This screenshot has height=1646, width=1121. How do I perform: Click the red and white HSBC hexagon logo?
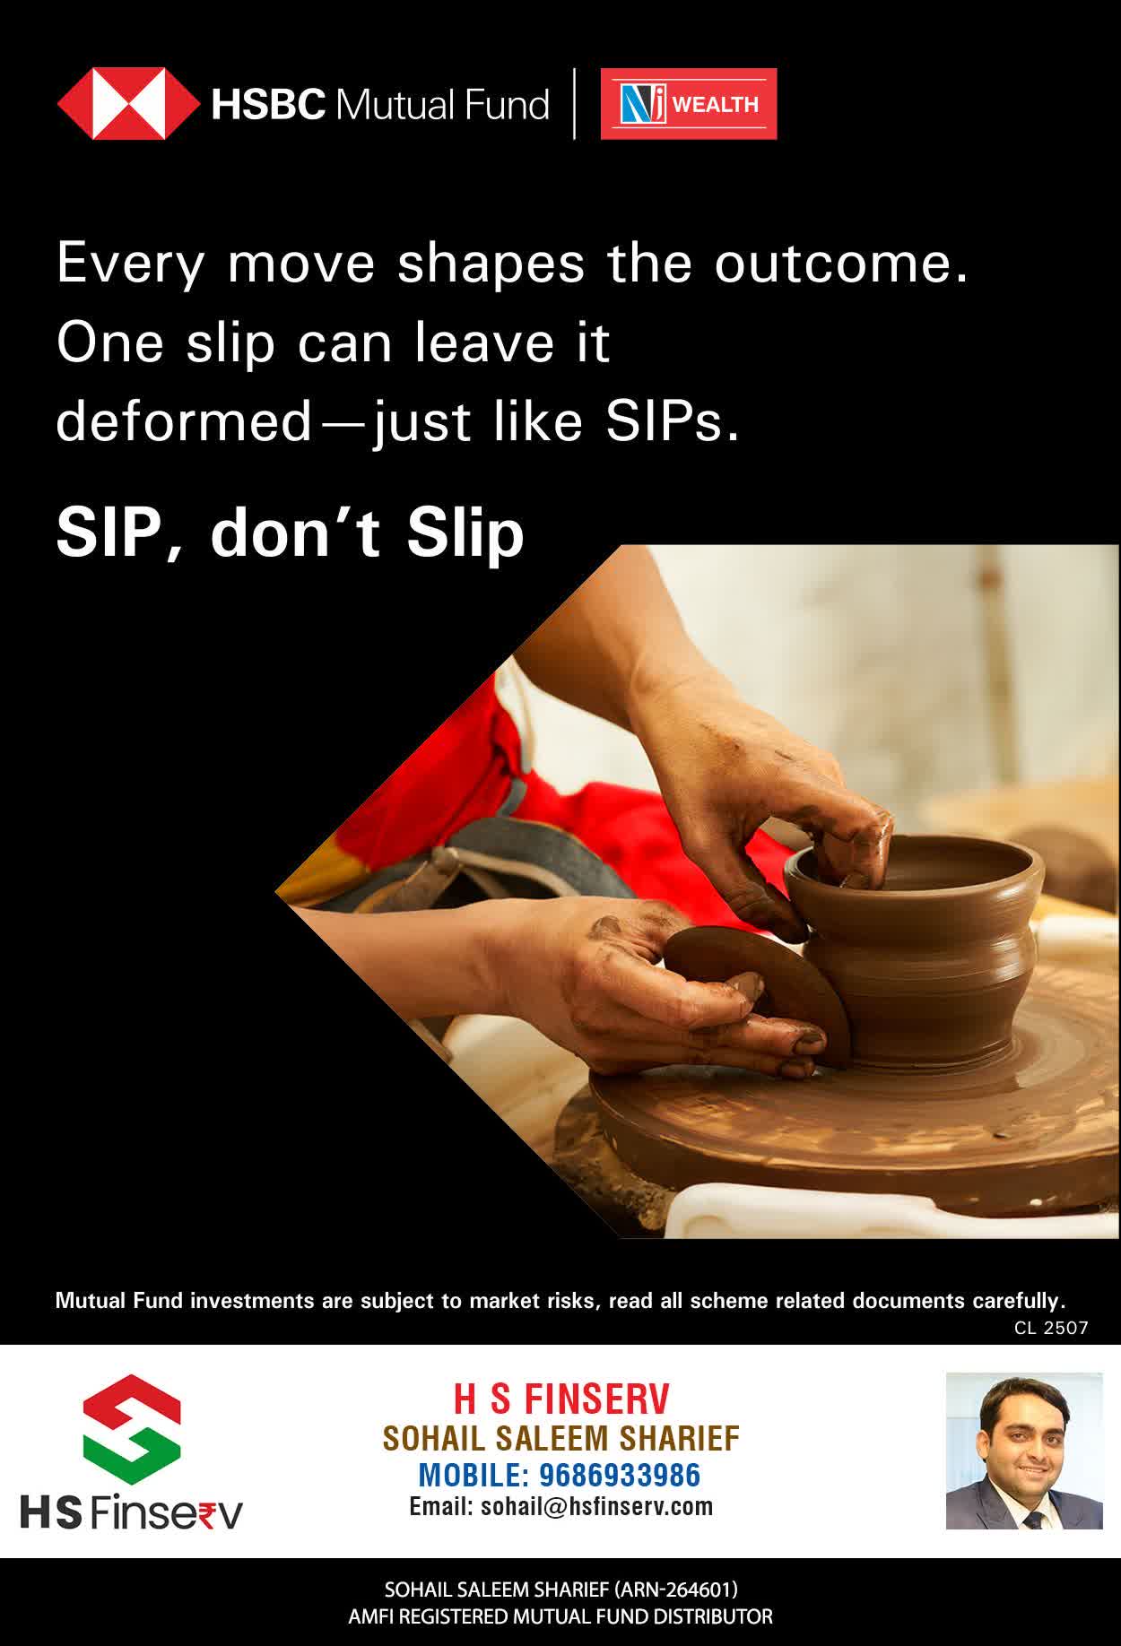pyautogui.click(x=129, y=104)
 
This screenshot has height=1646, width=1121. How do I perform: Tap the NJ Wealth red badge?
pyautogui.click(x=689, y=104)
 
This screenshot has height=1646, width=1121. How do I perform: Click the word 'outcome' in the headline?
pyautogui.click(x=841, y=264)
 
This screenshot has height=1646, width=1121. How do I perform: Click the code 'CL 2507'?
pyautogui.click(x=1051, y=1328)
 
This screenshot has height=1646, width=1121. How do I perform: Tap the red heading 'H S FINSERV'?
pyautogui.click(x=561, y=1399)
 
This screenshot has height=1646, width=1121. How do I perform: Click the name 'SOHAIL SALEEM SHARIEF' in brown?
pyautogui.click(x=561, y=1438)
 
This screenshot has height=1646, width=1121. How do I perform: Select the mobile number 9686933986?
pyautogui.click(x=620, y=1475)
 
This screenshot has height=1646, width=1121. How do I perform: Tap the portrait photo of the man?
pyautogui.click(x=1024, y=1451)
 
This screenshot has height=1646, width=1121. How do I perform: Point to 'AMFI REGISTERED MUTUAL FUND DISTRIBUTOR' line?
pyautogui.click(x=560, y=1617)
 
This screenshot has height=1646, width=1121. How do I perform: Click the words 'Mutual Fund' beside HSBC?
pyautogui.click(x=441, y=105)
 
